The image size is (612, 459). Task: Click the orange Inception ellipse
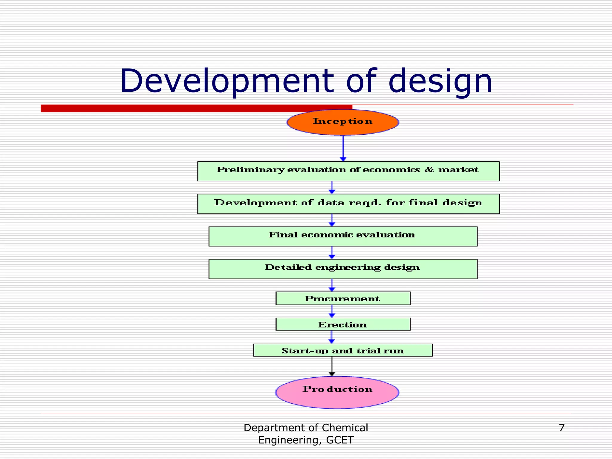coord(342,122)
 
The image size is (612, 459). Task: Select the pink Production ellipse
coord(337,392)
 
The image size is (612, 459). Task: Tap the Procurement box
coord(343,299)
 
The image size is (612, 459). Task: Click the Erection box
coord(343,324)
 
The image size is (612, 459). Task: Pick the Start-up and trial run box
coord(343,350)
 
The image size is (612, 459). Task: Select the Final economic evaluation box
coord(343,236)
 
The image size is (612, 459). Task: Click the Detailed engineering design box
coord(343,269)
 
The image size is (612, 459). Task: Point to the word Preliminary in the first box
coord(250,170)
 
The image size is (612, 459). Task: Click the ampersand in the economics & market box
coord(429,170)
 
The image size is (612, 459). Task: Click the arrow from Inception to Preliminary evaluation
coord(343,148)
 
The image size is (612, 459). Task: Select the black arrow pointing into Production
coord(332,366)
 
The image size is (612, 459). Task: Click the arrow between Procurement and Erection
coord(332,311)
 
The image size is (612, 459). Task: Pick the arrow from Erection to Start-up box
coord(332,337)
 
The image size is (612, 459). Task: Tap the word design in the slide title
coord(440,81)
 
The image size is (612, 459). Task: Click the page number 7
coord(561,428)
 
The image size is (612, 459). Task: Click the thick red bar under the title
coord(196,108)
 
